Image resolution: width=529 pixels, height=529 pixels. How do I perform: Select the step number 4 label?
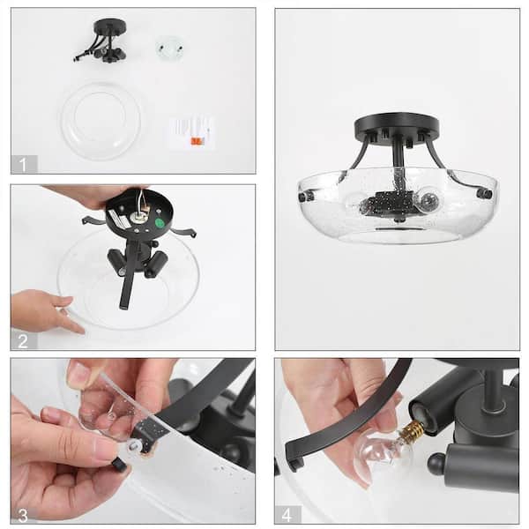pyautogui.click(x=287, y=514)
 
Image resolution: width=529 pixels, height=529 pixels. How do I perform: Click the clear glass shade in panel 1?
pyautogui.click(x=101, y=121)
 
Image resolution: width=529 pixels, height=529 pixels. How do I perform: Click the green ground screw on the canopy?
pyautogui.click(x=160, y=223)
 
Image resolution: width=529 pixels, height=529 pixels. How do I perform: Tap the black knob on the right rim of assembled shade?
pyautogui.click(x=483, y=193)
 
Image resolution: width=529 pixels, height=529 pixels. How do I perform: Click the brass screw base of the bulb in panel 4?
pyautogui.click(x=411, y=431)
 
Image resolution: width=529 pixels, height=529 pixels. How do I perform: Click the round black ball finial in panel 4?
pyautogui.click(x=436, y=464)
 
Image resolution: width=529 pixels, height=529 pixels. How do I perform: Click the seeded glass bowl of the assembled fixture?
pyautogui.click(x=397, y=216)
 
